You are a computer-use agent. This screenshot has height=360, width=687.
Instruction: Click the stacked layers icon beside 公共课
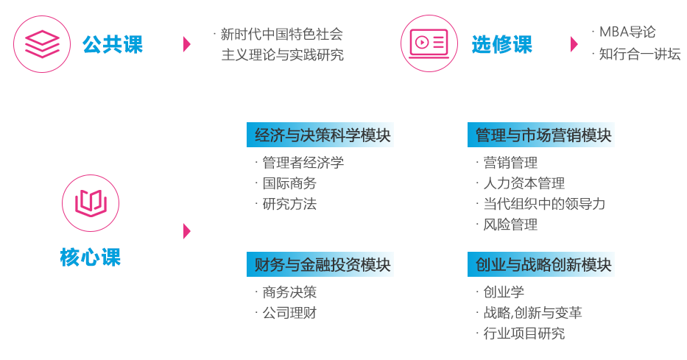click(x=42, y=43)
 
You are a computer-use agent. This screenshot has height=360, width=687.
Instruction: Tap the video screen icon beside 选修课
click(x=429, y=43)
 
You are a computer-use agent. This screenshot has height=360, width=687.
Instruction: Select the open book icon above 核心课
click(x=91, y=203)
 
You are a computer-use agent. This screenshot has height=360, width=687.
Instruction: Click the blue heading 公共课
click(x=113, y=44)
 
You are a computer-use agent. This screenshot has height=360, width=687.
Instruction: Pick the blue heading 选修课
click(x=502, y=44)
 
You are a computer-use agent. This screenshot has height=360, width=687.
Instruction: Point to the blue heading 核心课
click(x=91, y=257)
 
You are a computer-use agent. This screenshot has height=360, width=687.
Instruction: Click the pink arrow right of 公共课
click(x=187, y=44)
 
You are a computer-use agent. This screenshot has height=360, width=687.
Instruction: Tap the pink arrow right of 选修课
click(x=574, y=44)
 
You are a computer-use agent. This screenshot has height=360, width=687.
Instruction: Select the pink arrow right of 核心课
click(x=187, y=231)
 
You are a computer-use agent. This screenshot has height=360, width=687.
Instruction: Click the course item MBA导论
click(x=627, y=32)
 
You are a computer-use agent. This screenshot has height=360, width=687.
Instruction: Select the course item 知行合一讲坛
click(x=640, y=54)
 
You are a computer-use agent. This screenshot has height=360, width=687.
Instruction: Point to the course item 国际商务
click(x=289, y=183)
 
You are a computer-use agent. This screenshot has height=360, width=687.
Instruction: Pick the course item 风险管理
click(x=510, y=225)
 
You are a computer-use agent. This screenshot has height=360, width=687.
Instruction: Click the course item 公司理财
click(x=289, y=313)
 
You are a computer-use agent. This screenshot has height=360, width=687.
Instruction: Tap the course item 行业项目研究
click(x=524, y=333)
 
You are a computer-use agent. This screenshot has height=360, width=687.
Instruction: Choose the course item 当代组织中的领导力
click(x=544, y=204)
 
